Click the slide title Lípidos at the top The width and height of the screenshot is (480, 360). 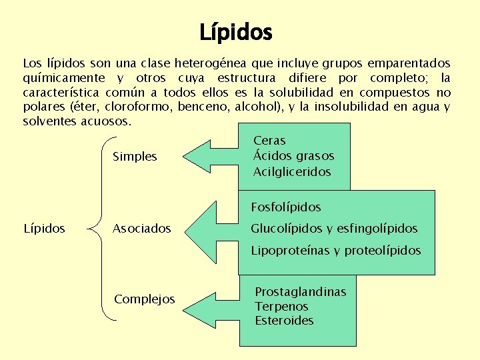click(236, 31)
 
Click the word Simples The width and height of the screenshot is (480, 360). click(135, 157)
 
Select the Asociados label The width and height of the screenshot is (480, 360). click(141, 229)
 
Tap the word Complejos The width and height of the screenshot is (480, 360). click(145, 299)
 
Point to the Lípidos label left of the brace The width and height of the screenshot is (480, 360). click(44, 229)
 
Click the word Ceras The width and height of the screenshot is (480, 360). click(269, 141)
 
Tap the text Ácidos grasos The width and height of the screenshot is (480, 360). click(293, 156)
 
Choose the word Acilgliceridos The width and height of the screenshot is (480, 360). click(292, 171)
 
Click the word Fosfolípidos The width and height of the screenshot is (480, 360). click(286, 207)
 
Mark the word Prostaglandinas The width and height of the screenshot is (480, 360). click(301, 293)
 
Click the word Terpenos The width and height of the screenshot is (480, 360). click(281, 307)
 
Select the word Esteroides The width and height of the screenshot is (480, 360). click(284, 321)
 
